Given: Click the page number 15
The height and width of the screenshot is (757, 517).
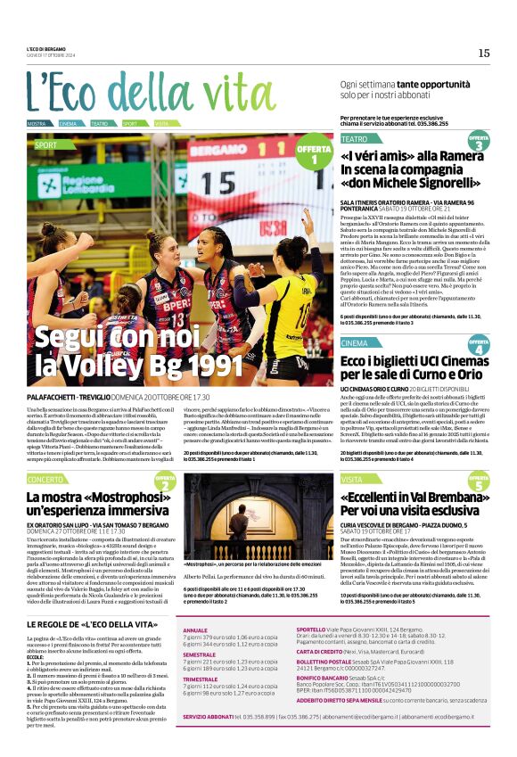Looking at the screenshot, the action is point(483,53).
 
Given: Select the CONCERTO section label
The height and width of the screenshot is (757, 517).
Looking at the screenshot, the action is point(45,479).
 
